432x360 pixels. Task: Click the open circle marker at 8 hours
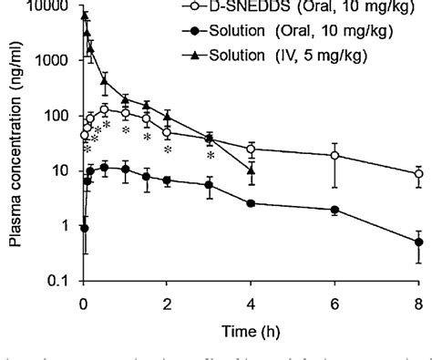click(418, 173)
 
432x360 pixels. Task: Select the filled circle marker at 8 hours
click(418, 242)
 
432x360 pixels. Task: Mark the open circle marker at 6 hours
click(334, 156)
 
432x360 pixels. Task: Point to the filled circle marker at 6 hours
click(334, 210)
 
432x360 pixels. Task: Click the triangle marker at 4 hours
click(252, 170)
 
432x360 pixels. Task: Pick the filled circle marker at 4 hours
click(252, 203)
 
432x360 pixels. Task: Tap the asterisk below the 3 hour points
click(211, 156)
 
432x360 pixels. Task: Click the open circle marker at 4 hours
click(252, 149)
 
